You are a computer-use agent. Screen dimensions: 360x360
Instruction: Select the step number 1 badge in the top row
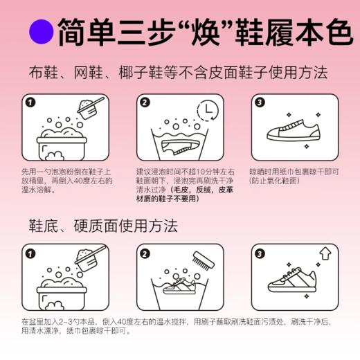(x=30, y=103)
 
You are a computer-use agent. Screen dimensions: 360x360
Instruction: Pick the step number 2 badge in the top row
(x=144, y=103)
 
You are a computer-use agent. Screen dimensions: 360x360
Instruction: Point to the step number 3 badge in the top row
(x=260, y=103)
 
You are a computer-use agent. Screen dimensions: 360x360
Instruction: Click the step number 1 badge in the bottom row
(x=30, y=253)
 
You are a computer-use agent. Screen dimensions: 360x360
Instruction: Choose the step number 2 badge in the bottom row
(x=144, y=253)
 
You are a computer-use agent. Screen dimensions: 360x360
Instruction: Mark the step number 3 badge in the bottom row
(x=260, y=253)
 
